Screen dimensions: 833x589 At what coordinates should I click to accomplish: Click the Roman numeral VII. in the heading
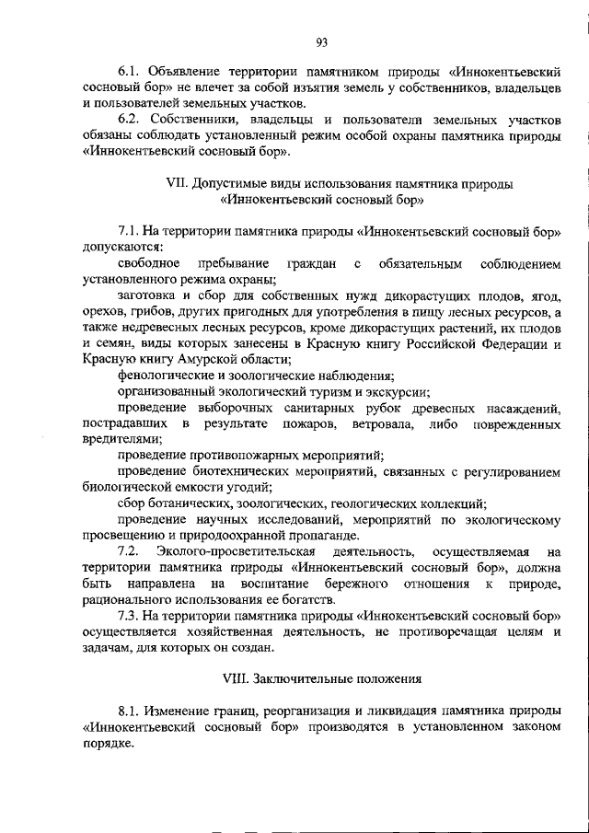[177, 183]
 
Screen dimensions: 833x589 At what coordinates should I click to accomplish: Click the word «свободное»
[150, 264]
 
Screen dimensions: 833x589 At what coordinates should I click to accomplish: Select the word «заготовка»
[150, 296]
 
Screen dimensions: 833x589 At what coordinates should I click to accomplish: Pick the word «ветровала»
[380, 423]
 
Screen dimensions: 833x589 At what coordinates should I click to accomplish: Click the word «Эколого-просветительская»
[237, 551]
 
